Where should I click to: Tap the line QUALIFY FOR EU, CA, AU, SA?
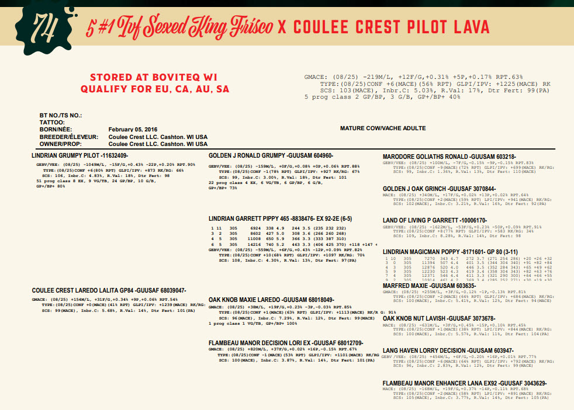click(154, 89)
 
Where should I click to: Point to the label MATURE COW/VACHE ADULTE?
click(383, 128)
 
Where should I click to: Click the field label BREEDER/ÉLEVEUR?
click(65, 137)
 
